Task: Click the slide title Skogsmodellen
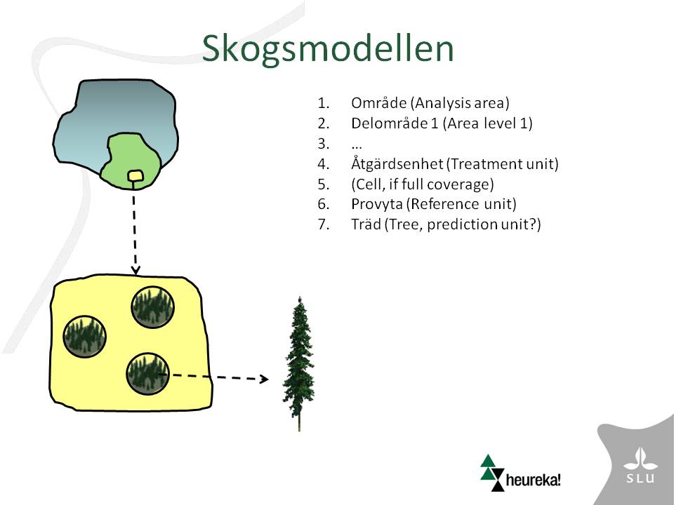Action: pos(328,49)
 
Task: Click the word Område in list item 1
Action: pos(378,102)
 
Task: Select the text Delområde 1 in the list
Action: pos(395,123)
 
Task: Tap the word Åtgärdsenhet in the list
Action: pos(397,163)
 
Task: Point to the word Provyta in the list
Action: pos(376,203)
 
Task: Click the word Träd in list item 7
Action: pos(366,224)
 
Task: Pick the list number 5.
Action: pos(323,184)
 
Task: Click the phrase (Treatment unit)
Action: pos(502,163)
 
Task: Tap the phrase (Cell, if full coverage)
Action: pos(423,184)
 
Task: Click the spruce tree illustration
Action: pos(299,364)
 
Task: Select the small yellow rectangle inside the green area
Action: pos(136,175)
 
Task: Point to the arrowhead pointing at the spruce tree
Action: pos(263,379)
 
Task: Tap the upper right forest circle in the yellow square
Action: pos(152,307)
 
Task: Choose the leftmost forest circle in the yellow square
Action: pos(85,337)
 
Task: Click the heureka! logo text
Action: pos(533,479)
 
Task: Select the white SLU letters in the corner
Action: pos(640,478)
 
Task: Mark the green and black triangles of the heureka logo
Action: pos(491,473)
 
